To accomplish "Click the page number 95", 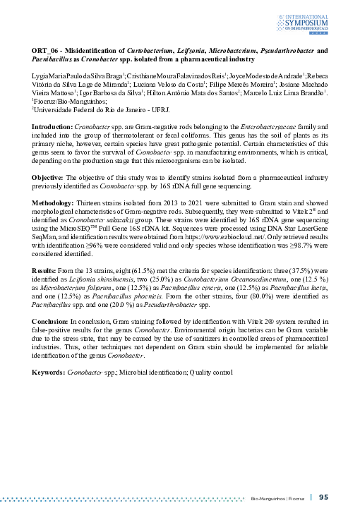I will tap(324, 497).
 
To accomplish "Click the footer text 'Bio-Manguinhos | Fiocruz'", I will tap(277, 497).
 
